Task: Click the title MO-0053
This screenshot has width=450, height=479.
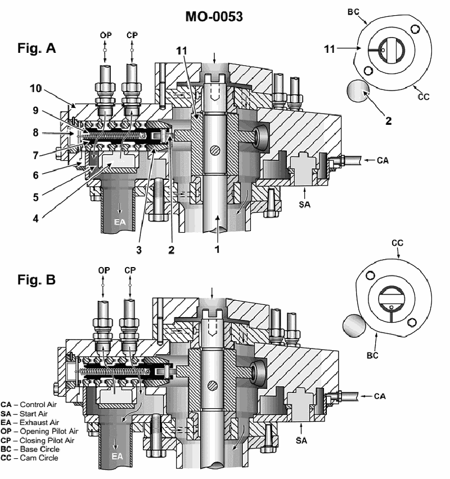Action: click(214, 16)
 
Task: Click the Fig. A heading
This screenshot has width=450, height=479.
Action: click(37, 48)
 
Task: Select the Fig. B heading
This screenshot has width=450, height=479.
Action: click(37, 279)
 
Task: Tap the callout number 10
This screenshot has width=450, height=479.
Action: click(35, 88)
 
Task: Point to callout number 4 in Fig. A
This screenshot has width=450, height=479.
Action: click(36, 219)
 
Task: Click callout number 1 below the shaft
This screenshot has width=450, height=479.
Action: click(217, 249)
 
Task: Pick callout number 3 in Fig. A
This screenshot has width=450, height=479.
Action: click(139, 250)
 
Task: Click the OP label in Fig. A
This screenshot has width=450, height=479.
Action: click(106, 35)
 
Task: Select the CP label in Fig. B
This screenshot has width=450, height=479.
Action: click(130, 270)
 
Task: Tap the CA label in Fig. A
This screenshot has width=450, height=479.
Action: click(382, 160)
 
